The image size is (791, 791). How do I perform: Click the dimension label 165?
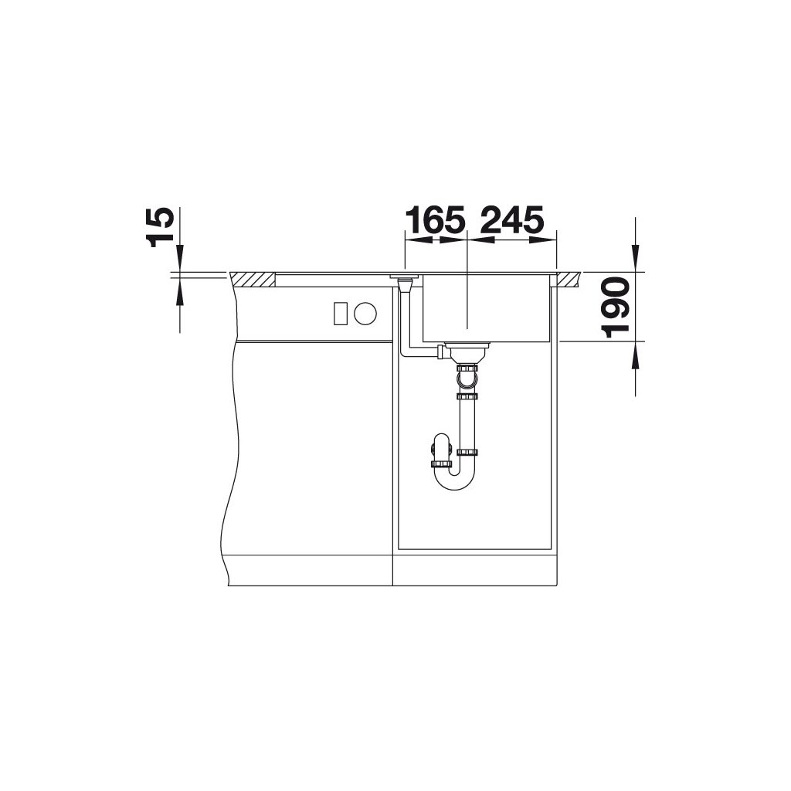click(x=436, y=219)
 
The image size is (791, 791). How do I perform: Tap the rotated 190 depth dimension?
click(x=616, y=307)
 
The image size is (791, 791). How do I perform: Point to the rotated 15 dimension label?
click(x=161, y=228)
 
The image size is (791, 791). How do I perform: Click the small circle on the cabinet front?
click(x=365, y=313)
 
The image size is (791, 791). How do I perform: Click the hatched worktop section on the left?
click(x=253, y=280)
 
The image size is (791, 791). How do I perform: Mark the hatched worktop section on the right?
click(x=569, y=280)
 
